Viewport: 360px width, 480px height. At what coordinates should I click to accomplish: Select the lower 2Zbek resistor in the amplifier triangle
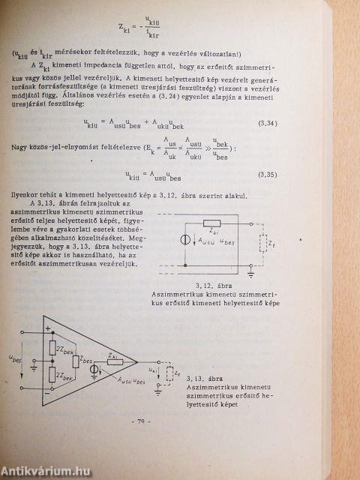(53, 376)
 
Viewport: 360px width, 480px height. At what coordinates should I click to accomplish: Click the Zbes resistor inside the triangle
(76, 361)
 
